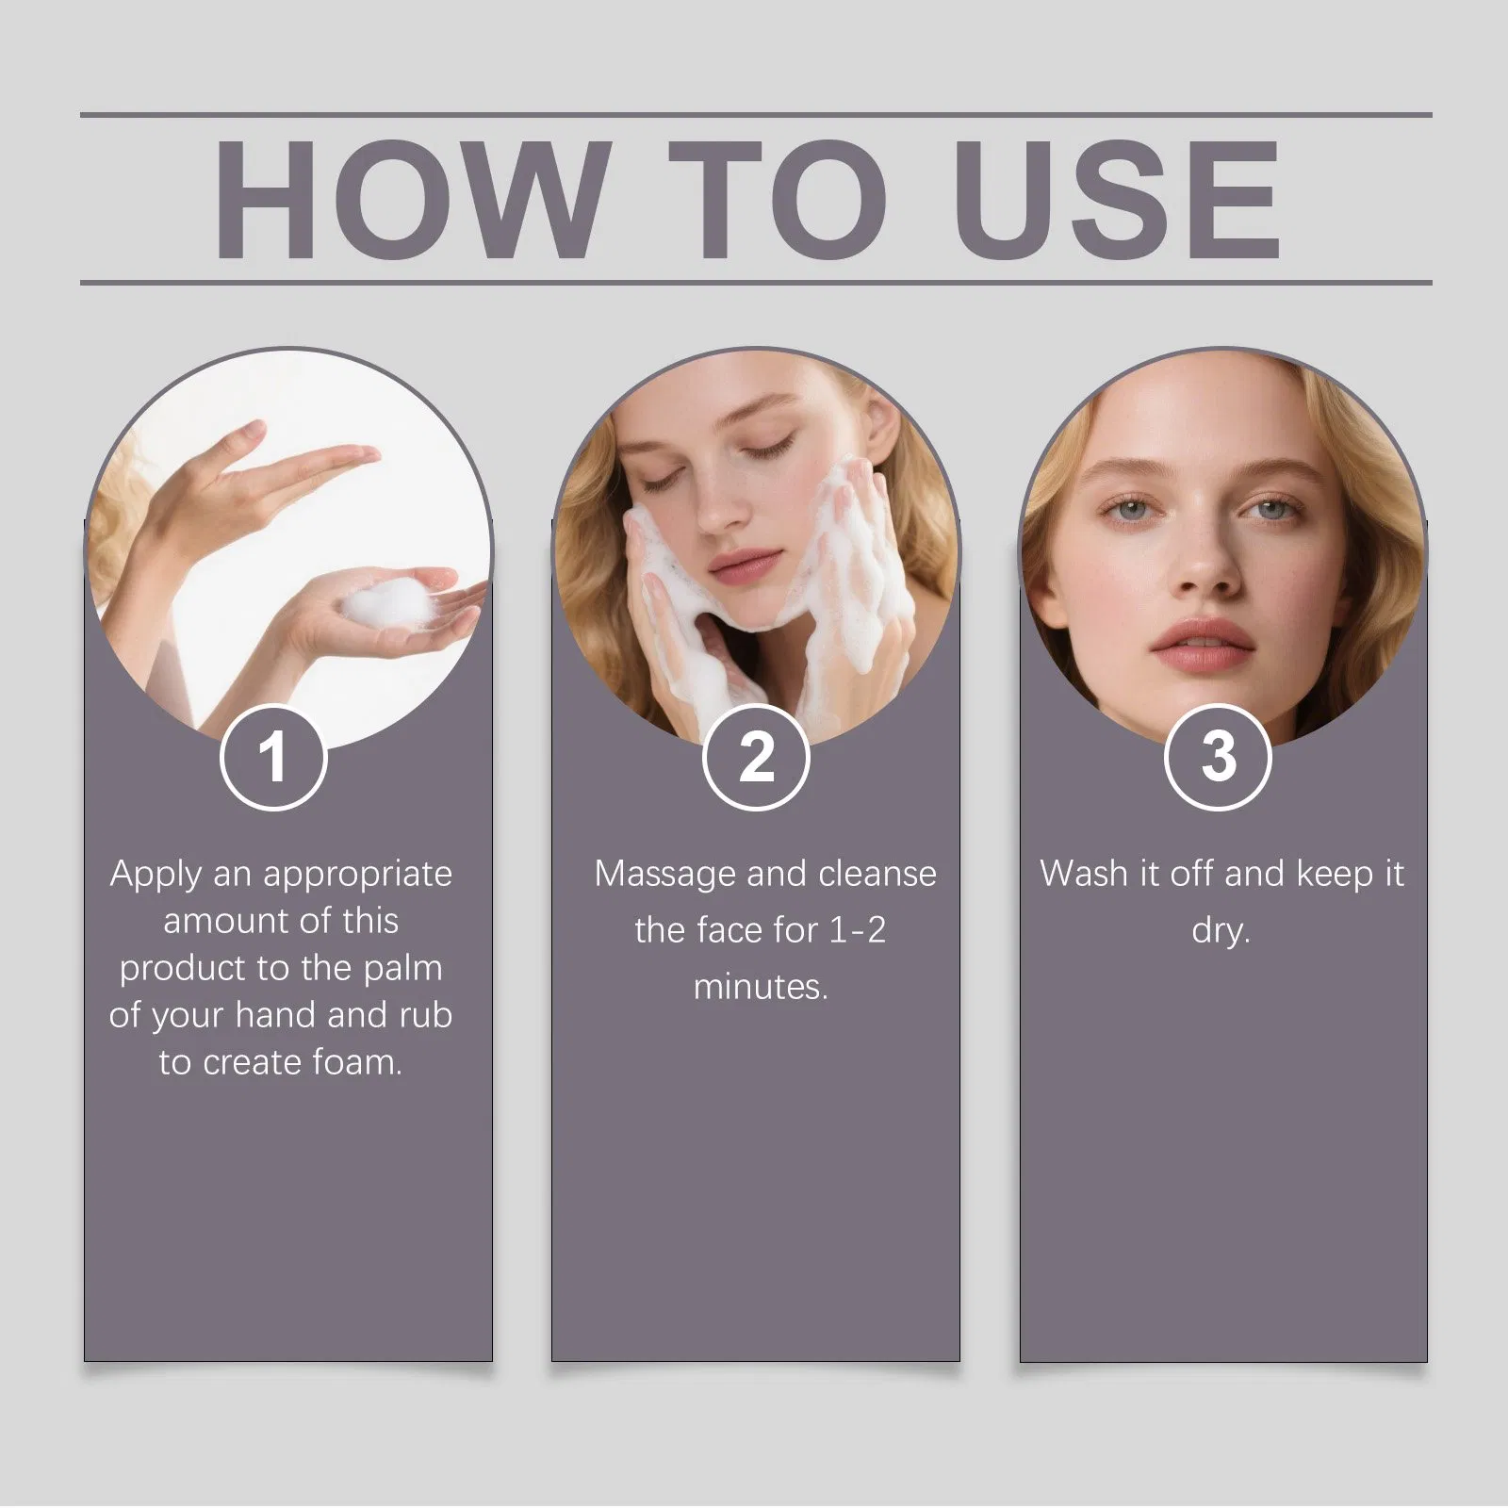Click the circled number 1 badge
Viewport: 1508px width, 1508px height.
tap(273, 757)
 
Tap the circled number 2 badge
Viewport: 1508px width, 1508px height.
tap(756, 757)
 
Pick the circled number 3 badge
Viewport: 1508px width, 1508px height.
tap(1218, 757)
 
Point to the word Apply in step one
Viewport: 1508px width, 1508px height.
tap(156, 876)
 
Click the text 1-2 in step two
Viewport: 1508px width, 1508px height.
tap(858, 931)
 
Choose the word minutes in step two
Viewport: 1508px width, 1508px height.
tap(761, 988)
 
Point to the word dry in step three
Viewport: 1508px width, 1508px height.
tap(1221, 932)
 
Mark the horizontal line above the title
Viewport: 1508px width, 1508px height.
tap(756, 115)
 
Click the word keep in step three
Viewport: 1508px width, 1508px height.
tap(1334, 876)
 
